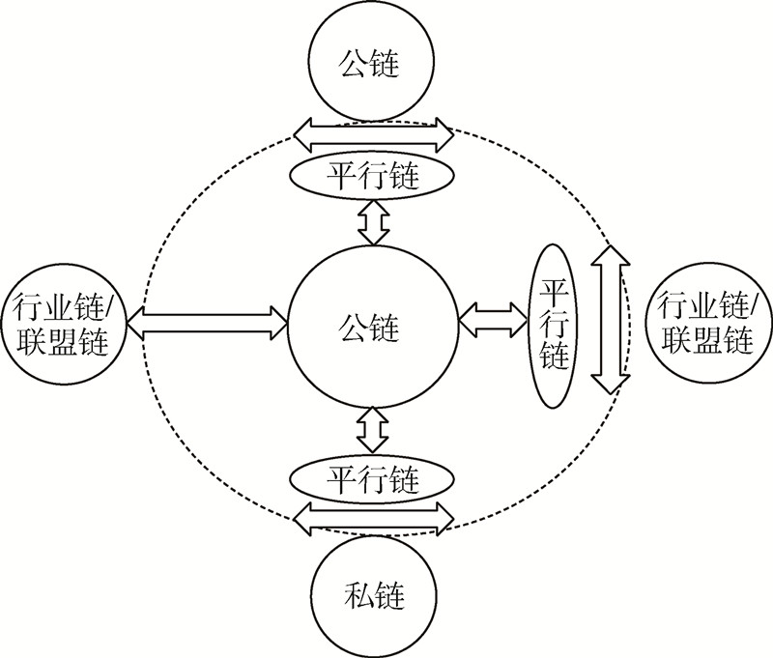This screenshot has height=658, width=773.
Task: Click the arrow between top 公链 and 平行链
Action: pyautogui.click(x=373, y=133)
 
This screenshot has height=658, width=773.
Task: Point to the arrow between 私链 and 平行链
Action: pyautogui.click(x=373, y=518)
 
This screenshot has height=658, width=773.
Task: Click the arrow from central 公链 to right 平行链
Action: pyautogui.click(x=494, y=320)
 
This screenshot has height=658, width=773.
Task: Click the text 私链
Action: pyautogui.click(x=371, y=593)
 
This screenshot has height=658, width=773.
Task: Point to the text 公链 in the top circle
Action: pyautogui.click(x=371, y=65)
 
